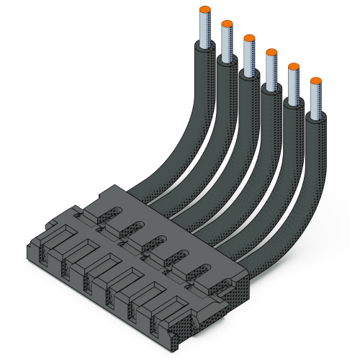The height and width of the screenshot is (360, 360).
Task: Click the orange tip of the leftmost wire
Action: coord(204,9)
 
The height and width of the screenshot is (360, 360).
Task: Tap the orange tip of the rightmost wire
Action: coord(315,81)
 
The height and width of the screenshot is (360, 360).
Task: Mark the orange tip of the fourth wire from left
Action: coord(271,52)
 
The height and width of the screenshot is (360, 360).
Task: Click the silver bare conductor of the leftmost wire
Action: coord(204,29)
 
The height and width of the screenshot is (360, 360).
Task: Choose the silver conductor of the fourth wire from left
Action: coord(271,71)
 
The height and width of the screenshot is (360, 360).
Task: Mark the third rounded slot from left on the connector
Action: coord(158,243)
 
